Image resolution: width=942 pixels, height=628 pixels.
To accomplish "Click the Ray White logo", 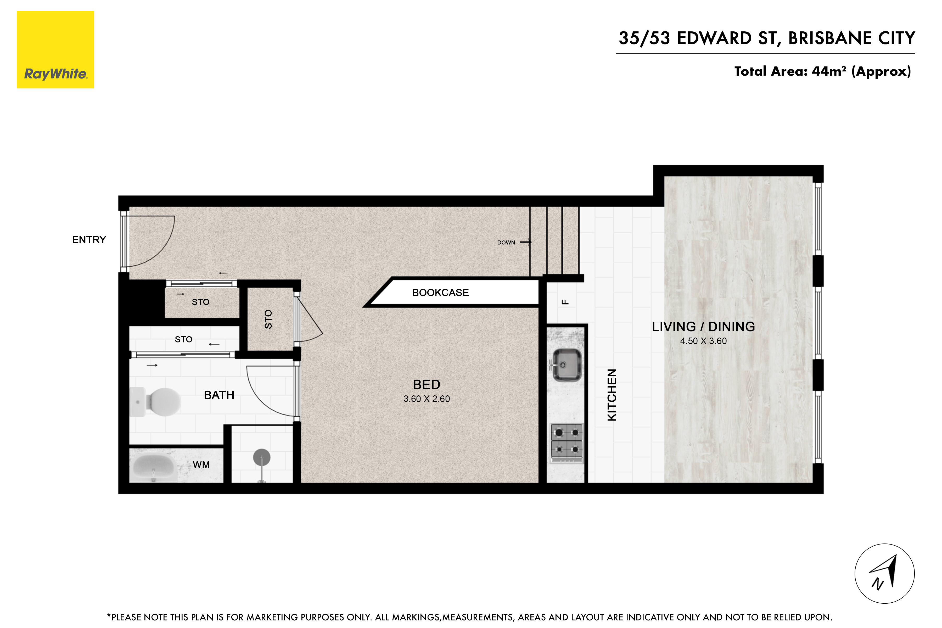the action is click(55, 50).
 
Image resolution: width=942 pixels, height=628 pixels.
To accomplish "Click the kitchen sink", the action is click(566, 365).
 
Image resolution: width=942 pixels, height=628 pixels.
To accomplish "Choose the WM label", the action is click(201, 465).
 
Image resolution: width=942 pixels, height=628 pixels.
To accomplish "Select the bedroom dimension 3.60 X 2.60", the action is click(427, 399).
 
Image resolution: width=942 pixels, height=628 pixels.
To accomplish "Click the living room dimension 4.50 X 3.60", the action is click(703, 341).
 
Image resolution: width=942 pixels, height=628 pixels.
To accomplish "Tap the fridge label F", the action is click(565, 302).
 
